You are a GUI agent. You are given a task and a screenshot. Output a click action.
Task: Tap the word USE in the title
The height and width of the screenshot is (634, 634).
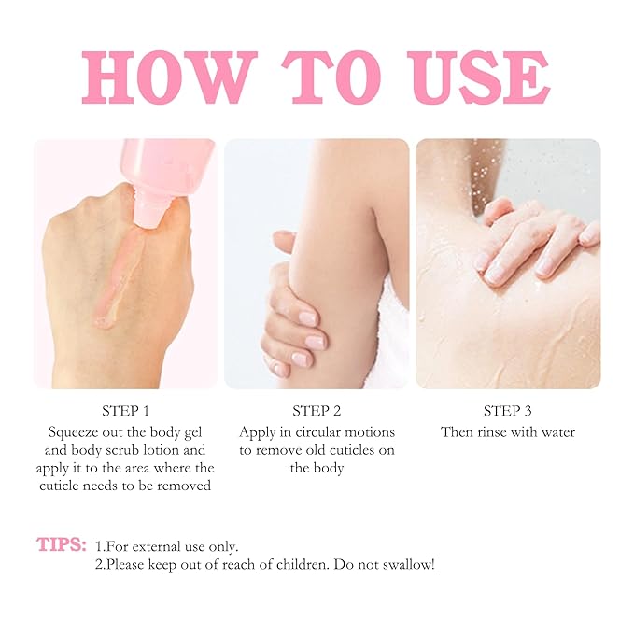click(x=476, y=77)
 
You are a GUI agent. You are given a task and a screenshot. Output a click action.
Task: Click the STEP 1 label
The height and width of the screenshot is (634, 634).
click(x=126, y=411)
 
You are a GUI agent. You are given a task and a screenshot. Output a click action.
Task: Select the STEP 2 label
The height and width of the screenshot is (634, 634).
click(x=317, y=411)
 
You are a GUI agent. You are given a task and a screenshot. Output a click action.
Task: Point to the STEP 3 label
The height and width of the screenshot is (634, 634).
click(x=507, y=411)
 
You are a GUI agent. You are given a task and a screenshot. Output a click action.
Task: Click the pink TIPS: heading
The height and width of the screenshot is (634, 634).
click(x=63, y=544)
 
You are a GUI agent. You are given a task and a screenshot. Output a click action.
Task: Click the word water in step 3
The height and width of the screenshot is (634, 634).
click(x=556, y=432)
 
